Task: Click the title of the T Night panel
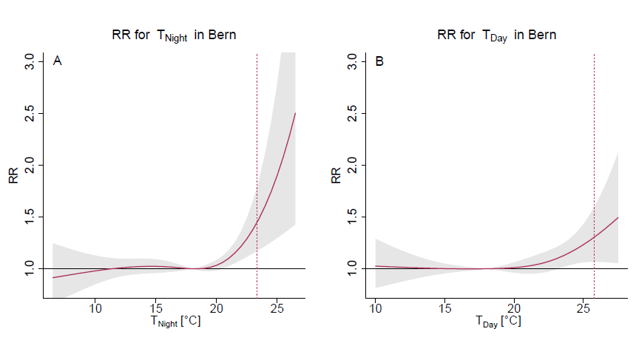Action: [x=175, y=35]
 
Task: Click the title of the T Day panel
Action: [x=495, y=35]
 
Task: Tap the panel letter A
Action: [x=57, y=62]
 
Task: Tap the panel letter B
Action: [x=379, y=62]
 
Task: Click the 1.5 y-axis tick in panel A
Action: [x=30, y=217]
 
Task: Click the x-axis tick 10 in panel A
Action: [x=95, y=308]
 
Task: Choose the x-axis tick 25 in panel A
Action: [x=276, y=308]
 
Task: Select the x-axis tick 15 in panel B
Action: [x=444, y=308]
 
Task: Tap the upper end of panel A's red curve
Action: [x=295, y=113]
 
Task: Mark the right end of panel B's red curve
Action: [x=618, y=217]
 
